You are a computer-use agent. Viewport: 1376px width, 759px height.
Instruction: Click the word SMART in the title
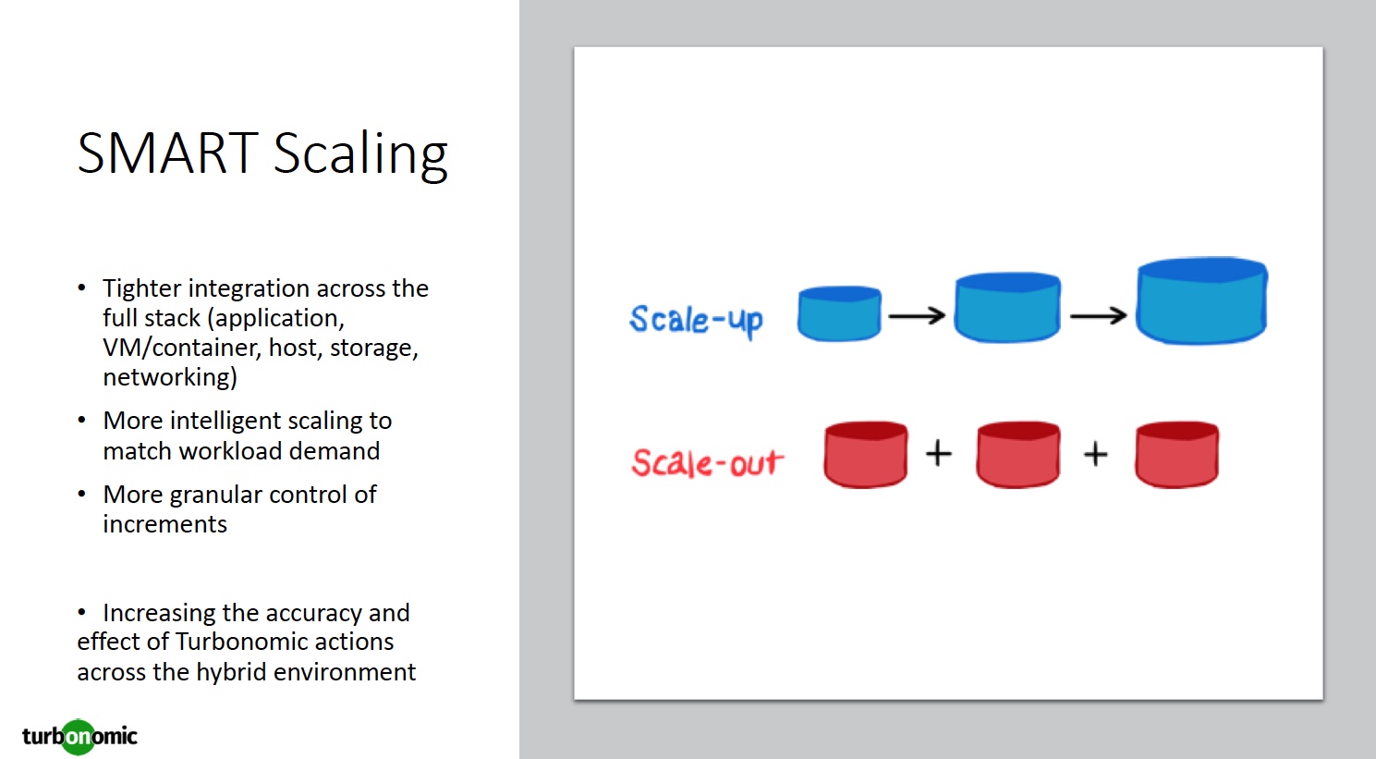coord(167,153)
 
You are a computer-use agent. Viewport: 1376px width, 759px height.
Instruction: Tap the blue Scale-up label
coord(696,320)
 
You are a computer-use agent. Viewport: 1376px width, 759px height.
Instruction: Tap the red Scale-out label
coord(707,462)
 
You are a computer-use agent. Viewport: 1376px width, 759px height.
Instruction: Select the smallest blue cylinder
coord(839,314)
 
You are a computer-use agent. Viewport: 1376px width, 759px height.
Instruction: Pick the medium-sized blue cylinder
coord(1007,308)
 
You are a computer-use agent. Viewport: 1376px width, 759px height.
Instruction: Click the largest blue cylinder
coord(1201,301)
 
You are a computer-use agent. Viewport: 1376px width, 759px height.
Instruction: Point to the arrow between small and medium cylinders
coord(917,316)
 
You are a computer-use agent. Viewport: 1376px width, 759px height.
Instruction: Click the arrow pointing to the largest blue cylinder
coord(1098,316)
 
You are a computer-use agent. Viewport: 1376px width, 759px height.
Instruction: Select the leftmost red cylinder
coord(866,455)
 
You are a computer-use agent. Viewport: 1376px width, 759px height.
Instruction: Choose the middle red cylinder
coord(1018,455)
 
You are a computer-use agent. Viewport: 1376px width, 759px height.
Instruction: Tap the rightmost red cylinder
coord(1176,455)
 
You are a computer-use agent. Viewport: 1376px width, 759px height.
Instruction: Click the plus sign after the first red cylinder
coord(939,453)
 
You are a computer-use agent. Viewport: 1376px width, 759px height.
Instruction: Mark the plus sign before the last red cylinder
coord(1096,454)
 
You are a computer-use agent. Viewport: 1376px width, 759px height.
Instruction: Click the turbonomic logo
coord(79,737)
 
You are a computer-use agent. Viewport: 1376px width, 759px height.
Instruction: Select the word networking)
coord(170,377)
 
